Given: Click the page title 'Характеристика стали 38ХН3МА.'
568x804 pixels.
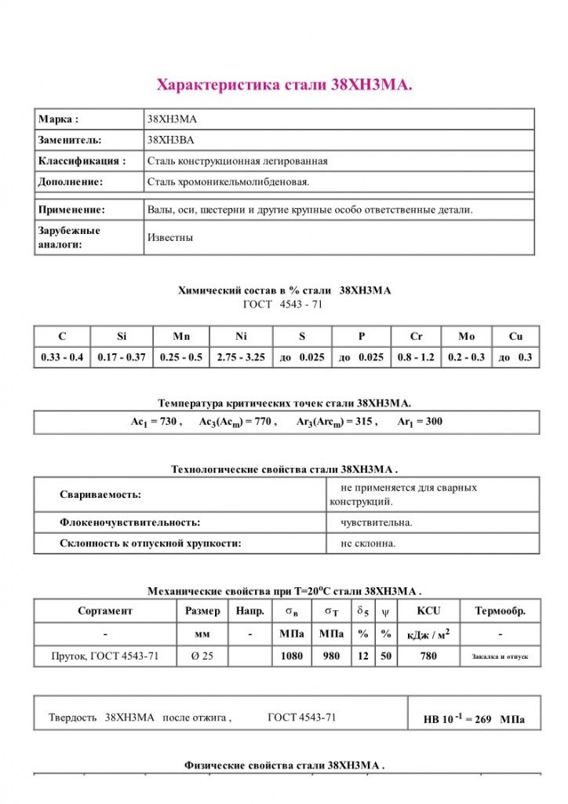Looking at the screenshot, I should [284, 85].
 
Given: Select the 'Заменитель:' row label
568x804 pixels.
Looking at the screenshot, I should [70, 140].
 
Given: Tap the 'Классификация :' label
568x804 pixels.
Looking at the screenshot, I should [82, 161].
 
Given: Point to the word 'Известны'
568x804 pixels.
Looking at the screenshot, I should [169, 237].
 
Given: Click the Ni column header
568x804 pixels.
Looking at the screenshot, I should [241, 336].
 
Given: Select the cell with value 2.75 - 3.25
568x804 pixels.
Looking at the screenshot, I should [241, 357].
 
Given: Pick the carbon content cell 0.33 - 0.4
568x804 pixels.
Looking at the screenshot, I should [62, 357].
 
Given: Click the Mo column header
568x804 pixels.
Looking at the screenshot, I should [467, 336].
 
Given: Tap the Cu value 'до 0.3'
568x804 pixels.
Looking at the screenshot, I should [515, 357].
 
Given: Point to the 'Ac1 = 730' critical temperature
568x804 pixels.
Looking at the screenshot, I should [155, 422].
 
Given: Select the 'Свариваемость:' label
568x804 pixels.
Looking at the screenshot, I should [100, 495].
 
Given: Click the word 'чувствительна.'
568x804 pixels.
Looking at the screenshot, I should [377, 522].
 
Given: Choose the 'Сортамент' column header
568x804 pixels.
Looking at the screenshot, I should [105, 611].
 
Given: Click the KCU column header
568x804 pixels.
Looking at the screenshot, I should [428, 611].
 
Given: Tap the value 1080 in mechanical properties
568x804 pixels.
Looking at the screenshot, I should [292, 656].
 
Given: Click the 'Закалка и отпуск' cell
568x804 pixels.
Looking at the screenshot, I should [500, 656].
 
